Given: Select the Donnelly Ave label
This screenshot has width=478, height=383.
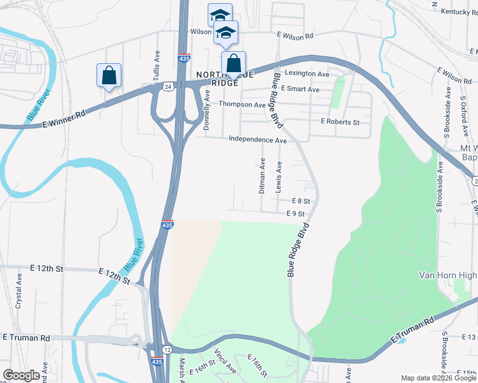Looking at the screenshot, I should pos(206,110).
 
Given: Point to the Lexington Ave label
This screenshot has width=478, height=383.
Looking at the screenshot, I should pos(307,74).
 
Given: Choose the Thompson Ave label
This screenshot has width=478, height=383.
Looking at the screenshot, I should pos(242,104).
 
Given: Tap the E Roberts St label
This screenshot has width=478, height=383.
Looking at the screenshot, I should pos(340,122).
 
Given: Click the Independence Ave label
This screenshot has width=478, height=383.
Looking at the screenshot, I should pos(258,140).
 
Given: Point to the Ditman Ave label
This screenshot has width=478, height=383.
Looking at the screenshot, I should pos(262,176).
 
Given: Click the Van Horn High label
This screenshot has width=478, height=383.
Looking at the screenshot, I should pos(447,275).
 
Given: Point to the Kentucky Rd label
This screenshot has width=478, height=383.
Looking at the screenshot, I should pos(456,11).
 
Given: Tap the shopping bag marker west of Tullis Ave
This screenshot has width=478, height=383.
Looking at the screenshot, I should pos(109,75).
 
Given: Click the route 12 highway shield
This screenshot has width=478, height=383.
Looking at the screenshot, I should pos(167,349).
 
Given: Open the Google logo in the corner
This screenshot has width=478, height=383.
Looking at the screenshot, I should pos(21,375).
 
